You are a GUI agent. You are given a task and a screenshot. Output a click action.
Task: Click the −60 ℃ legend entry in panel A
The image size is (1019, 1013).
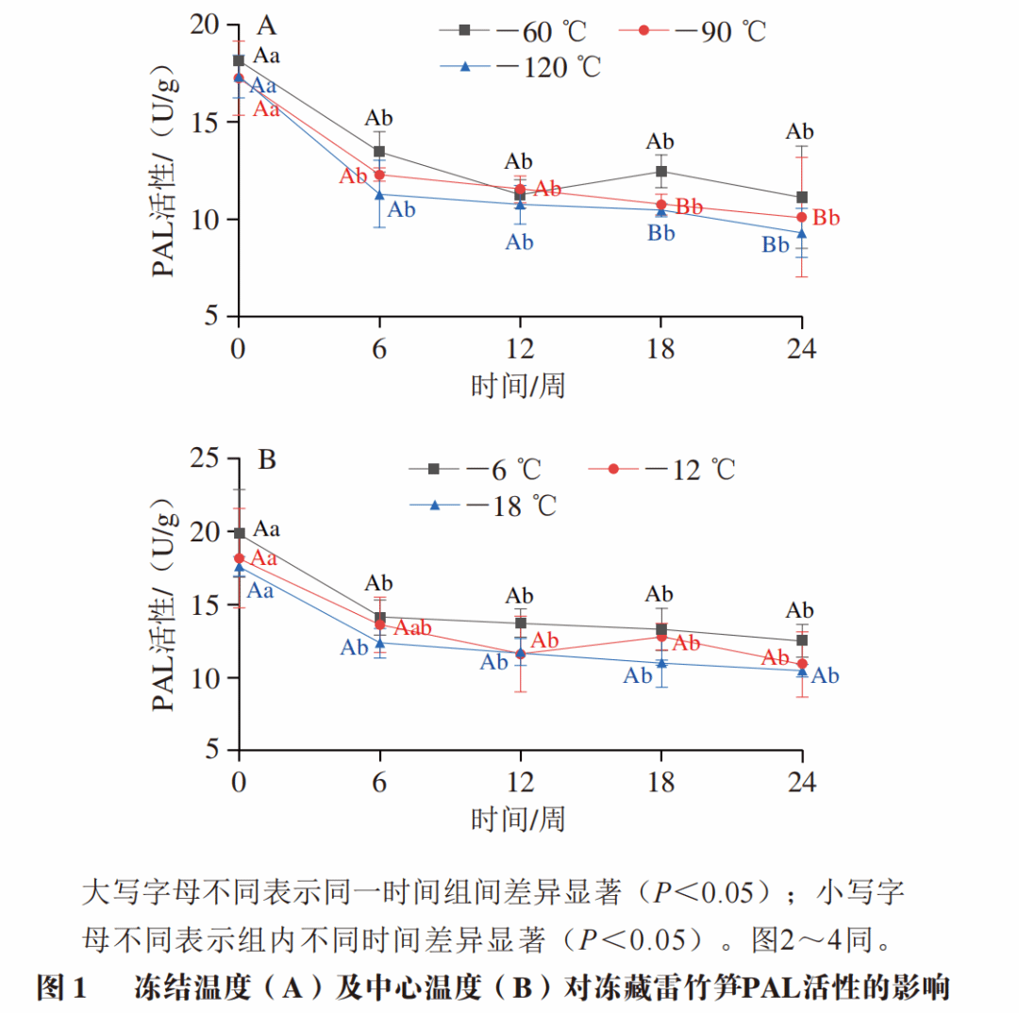514,30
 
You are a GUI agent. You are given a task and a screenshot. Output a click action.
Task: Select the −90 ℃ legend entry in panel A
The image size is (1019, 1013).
693,30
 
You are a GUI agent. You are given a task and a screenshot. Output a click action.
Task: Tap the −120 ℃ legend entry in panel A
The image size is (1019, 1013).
521,67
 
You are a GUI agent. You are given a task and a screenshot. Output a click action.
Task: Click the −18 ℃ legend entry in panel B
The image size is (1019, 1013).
484,506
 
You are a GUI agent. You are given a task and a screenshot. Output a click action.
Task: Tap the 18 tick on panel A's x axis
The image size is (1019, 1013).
660,349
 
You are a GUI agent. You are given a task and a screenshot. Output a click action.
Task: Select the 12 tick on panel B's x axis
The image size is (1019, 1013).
520,782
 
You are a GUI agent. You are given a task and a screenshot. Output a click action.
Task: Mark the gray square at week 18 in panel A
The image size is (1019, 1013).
661,172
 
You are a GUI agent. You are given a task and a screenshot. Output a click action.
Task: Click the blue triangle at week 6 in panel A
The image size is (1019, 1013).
379,195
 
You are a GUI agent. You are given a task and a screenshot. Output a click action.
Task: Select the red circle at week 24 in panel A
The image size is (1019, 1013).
802,218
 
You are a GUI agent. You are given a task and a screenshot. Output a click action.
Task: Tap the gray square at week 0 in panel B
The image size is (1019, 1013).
240,534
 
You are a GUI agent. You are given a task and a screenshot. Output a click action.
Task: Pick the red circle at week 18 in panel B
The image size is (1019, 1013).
661,637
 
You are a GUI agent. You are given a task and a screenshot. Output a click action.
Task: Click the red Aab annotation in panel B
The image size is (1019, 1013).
412,627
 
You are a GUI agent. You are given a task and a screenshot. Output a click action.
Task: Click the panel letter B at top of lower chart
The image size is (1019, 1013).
267,461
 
